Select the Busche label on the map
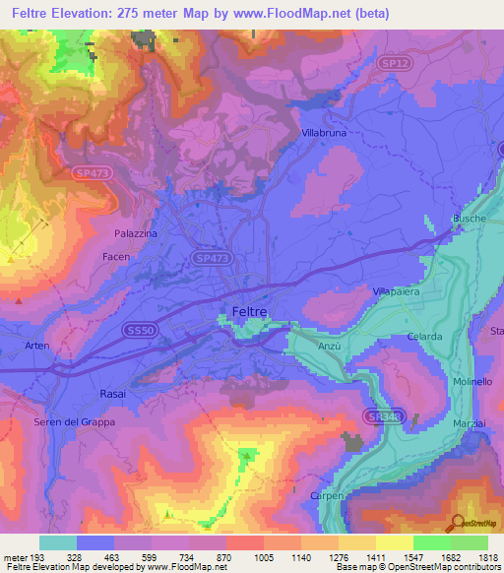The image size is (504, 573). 470,219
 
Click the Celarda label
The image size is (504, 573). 425,337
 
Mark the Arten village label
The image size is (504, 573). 36,346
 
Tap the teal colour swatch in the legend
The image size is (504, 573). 58,542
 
